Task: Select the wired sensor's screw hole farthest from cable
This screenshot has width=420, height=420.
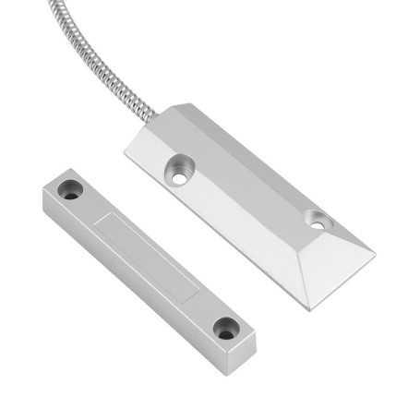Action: tap(318, 221)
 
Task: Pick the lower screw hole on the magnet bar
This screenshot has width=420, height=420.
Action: tap(224, 326)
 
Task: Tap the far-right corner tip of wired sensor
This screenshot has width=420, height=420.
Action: tap(375, 250)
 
